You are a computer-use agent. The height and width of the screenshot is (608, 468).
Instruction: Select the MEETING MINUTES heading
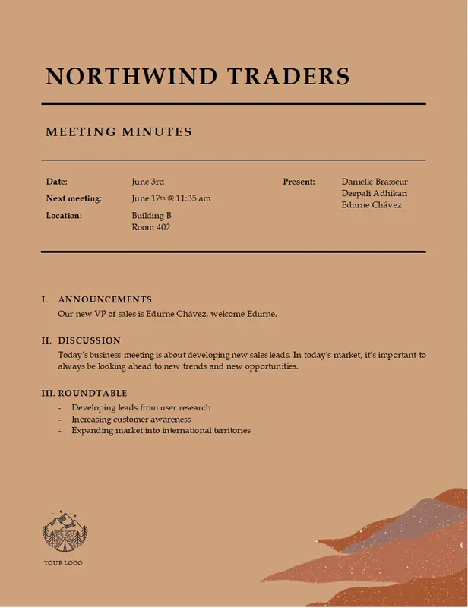click(119, 132)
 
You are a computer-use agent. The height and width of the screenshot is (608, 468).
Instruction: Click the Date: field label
click(57, 182)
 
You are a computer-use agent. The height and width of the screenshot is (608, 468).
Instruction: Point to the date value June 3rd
click(147, 182)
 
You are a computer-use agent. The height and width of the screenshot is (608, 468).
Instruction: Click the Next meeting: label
click(74, 198)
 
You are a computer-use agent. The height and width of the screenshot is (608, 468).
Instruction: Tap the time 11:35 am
click(194, 198)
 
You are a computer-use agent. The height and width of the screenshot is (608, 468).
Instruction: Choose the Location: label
click(64, 216)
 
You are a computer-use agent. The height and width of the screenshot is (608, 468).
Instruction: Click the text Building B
click(151, 216)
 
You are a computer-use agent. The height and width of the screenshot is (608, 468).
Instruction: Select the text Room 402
click(150, 227)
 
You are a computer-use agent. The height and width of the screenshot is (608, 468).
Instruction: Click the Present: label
click(299, 182)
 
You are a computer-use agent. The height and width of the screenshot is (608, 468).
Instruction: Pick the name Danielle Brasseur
click(375, 182)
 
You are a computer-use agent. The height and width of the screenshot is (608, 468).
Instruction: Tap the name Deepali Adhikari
click(374, 193)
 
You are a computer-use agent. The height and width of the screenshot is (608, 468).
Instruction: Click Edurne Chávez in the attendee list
click(372, 204)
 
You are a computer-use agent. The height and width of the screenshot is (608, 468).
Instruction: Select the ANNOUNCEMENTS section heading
click(105, 299)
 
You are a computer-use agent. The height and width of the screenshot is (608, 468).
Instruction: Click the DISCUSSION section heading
click(89, 340)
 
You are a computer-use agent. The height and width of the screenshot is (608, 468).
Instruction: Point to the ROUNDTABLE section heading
click(92, 394)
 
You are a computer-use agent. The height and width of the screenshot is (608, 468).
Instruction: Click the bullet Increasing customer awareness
click(131, 419)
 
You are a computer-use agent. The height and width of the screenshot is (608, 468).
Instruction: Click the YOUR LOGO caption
click(63, 562)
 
